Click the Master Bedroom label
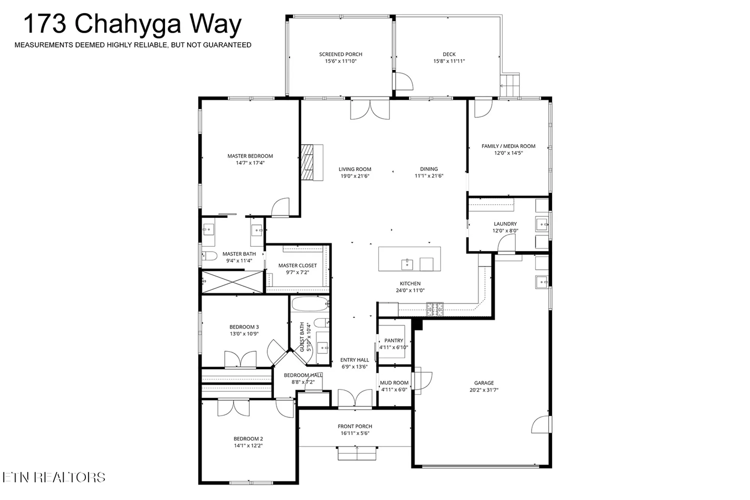click(250, 156)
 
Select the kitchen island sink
click(407, 264)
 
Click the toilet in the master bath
click(209, 256)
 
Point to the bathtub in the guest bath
click(309, 304)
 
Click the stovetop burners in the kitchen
click(435, 309)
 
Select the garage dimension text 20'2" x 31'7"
click(484, 390)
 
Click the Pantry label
click(394, 341)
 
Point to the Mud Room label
click(394, 383)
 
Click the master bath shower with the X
click(232, 282)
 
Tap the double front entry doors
click(355, 398)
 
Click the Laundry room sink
click(542, 225)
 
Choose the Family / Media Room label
click(508, 146)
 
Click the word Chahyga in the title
click(127, 24)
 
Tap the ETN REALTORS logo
click(54, 477)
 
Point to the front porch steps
click(357, 453)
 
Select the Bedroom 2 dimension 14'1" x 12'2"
click(248, 446)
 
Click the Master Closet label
click(297, 266)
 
